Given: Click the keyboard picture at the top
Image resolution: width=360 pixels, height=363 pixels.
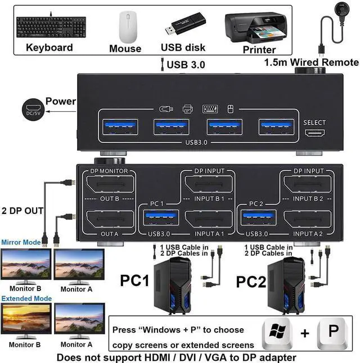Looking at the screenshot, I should point(49,25).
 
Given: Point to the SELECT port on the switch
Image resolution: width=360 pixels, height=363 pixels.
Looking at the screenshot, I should point(314,133).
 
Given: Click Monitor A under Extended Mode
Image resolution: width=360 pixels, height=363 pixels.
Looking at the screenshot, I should point(79,321).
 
